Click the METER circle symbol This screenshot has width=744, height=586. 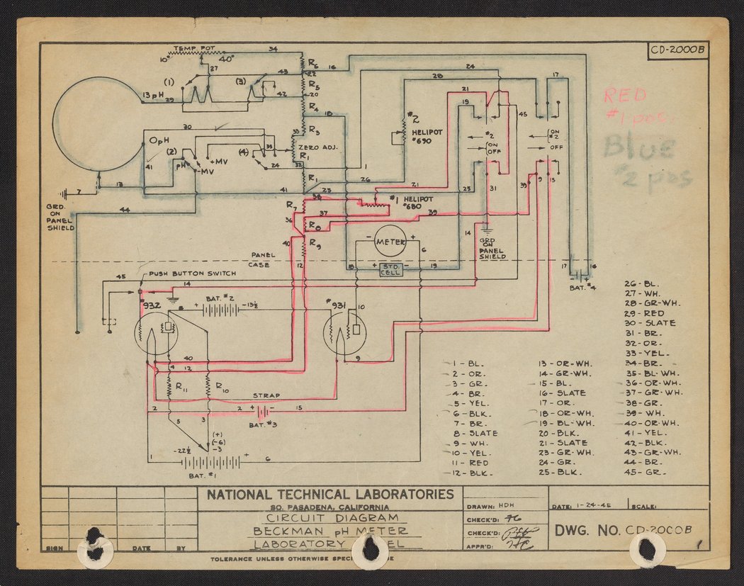pyautogui.click(x=390, y=242)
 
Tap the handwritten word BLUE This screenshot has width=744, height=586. pyautogui.click(x=638, y=148)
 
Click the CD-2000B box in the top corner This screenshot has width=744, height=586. pyautogui.click(x=677, y=50)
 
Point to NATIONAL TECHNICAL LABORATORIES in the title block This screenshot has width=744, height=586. pyautogui.click(x=329, y=495)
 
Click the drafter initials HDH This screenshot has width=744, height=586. pyautogui.click(x=507, y=507)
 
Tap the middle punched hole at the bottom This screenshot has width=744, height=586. pyautogui.click(x=371, y=548)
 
